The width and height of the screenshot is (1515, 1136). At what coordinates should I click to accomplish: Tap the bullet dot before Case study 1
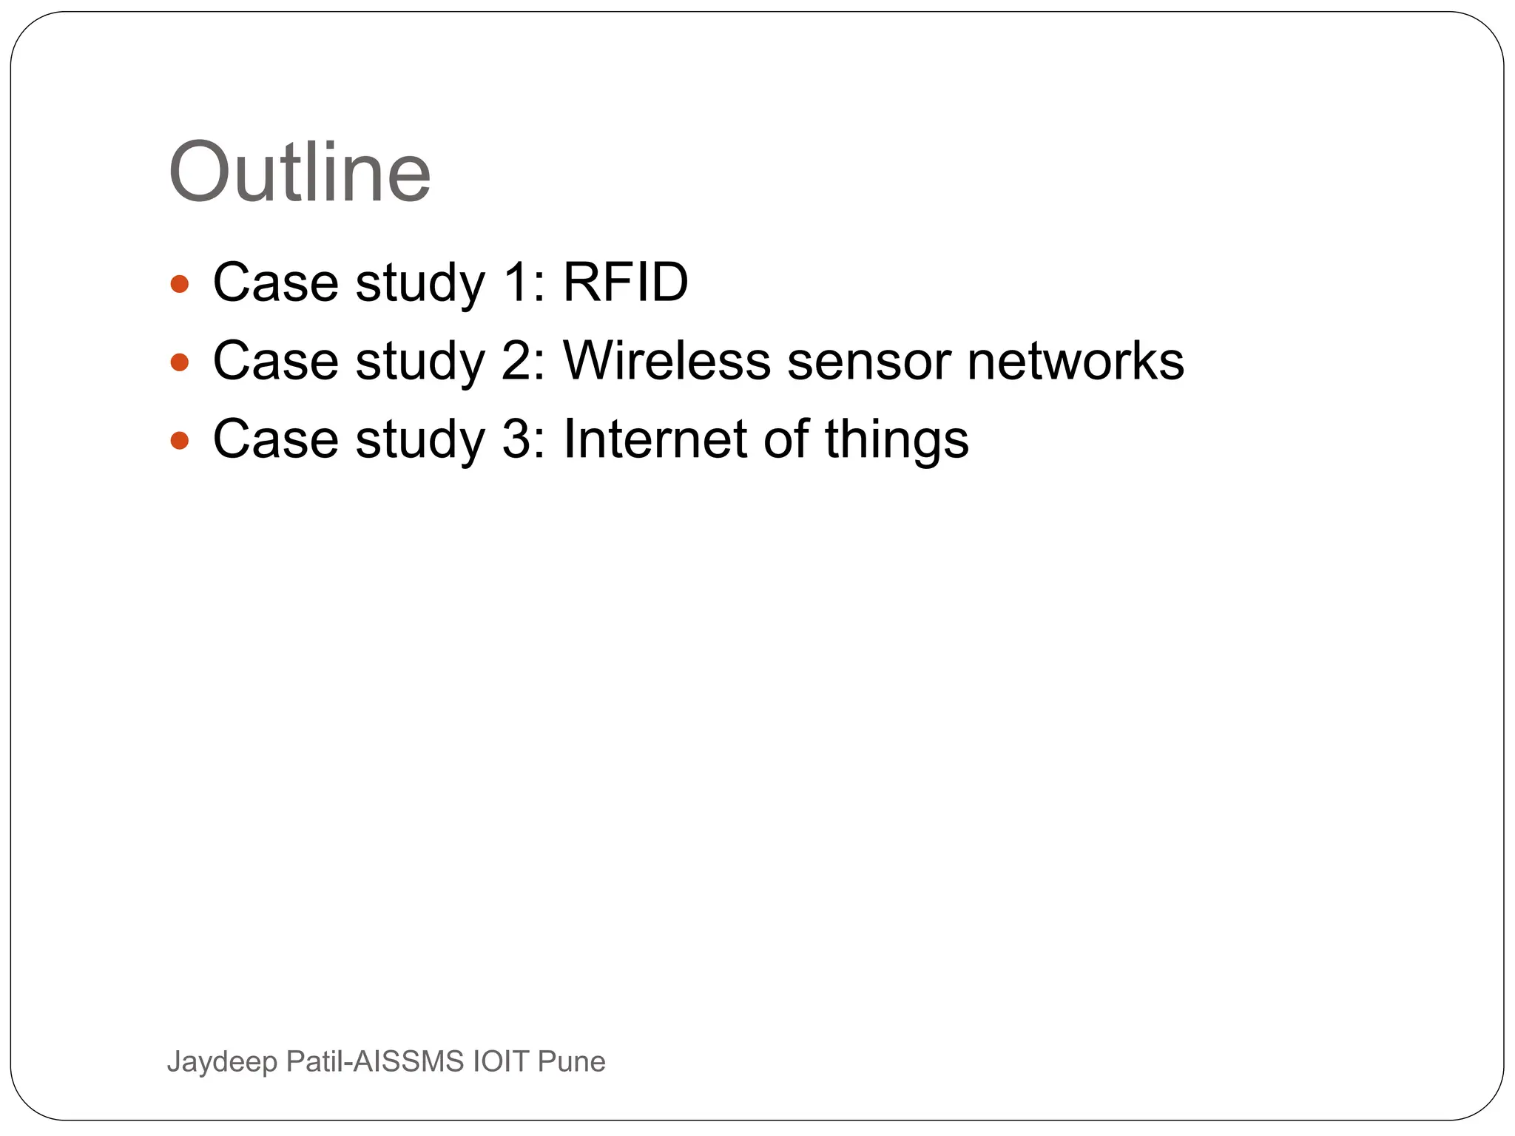pos(180,283)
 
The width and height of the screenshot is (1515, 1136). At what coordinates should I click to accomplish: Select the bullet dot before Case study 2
pos(180,362)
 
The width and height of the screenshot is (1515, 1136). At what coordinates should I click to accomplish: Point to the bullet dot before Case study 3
pos(180,441)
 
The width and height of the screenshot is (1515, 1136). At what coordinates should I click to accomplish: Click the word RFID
pos(625,283)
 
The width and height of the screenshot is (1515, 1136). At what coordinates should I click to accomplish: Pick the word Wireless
pos(667,361)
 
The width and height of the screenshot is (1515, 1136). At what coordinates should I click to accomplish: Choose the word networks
pos(1075,361)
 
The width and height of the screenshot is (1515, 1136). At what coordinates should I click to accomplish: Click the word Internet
pos(655,439)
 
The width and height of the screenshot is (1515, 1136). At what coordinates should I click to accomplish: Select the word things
pos(896,441)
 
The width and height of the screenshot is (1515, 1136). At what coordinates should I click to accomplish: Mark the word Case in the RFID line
pos(275,283)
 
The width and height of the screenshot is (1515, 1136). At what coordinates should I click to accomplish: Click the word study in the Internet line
pos(419,441)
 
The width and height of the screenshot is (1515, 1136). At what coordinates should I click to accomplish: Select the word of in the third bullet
pos(786,439)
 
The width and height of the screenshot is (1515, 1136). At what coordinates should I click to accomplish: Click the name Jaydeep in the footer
pos(222,1062)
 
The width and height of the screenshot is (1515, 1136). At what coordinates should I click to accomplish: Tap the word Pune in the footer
pos(571,1062)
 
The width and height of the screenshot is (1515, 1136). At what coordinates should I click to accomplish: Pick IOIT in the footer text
pos(501,1062)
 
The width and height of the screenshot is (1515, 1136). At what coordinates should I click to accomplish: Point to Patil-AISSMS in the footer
pos(374,1062)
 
